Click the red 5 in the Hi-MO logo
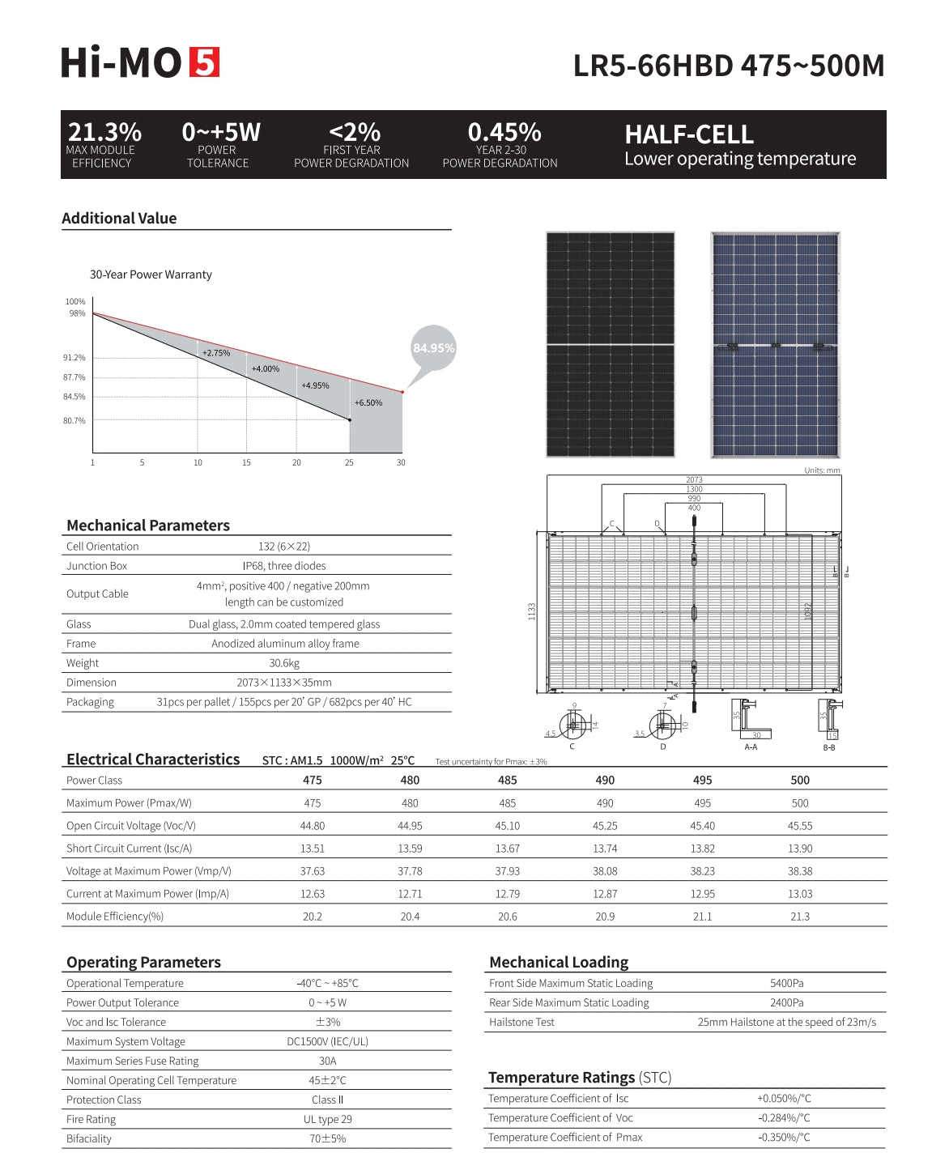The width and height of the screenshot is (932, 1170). coord(204,62)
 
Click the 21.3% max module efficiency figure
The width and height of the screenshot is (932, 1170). coord(104,132)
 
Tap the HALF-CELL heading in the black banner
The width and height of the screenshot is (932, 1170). coord(689,134)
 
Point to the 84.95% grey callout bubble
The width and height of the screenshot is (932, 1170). coord(433,348)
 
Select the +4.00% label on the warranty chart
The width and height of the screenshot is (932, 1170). coord(265,369)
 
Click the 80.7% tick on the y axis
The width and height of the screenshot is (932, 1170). coord(74,421)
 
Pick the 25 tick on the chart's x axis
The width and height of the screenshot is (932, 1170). coord(349,463)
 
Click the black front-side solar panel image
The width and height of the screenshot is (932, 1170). coord(611,345)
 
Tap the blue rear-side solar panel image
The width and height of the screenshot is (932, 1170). coord(775,345)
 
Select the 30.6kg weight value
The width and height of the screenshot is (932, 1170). coord(284,663)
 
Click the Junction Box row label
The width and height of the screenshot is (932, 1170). coord(97,566)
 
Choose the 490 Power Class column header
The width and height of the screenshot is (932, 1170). coord(605,781)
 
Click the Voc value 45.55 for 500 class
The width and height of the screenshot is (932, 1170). coord(800,826)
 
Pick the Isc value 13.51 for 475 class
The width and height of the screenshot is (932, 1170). coord(313,849)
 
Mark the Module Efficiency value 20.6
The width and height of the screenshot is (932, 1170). coord(508,917)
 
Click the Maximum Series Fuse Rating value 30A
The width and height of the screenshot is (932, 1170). coord(327,1061)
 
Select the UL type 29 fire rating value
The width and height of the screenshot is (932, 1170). coord(327,1119)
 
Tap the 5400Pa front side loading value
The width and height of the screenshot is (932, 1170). coord(786,983)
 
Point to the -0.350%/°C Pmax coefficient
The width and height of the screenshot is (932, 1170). coord(784,1138)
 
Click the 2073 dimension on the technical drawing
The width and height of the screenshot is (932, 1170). coord(694,480)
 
